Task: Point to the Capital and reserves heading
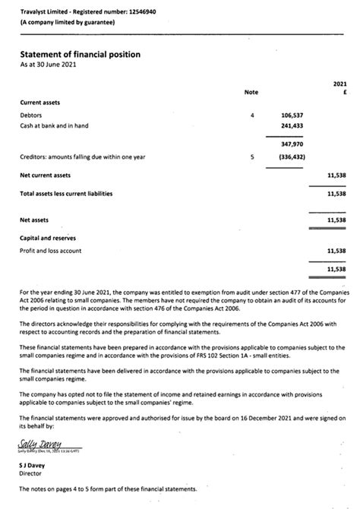50,237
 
